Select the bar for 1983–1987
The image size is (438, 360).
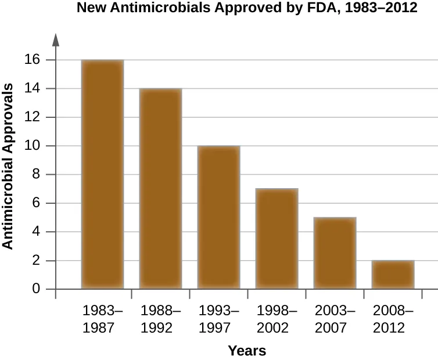point(102,174)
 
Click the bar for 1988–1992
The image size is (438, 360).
point(160,189)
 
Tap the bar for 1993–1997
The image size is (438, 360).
point(218,217)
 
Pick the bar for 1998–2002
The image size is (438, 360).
point(277,239)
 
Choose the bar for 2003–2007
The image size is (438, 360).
point(335,253)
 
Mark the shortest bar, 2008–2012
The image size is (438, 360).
point(393,275)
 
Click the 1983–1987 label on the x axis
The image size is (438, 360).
point(103,319)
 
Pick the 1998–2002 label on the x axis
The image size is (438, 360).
point(277,319)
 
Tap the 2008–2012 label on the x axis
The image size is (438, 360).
point(393,319)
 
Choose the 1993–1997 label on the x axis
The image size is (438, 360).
point(219,319)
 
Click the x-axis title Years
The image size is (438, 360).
point(247,351)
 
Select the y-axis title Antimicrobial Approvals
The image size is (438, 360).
point(8,166)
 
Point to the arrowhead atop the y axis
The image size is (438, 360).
point(56,39)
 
